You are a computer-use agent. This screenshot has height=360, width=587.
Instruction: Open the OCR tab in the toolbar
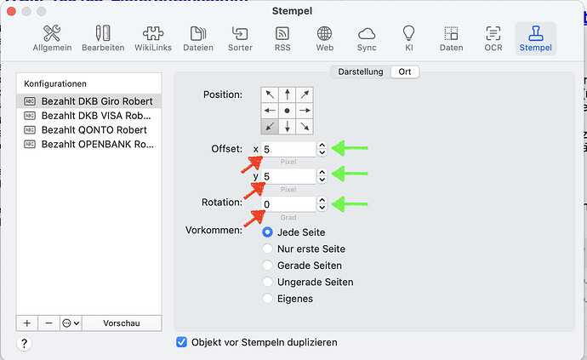(x=493, y=38)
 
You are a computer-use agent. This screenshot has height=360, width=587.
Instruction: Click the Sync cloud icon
(x=367, y=34)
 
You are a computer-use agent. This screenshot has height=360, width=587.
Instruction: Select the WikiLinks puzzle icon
(x=153, y=33)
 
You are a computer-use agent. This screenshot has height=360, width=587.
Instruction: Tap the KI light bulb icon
(x=409, y=33)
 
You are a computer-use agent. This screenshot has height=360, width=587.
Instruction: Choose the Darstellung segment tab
(x=361, y=71)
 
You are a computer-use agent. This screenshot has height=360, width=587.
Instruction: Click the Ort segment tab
(x=405, y=71)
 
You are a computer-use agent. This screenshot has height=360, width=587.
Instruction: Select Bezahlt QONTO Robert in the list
(x=94, y=130)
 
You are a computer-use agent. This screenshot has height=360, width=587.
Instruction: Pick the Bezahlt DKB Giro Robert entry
(x=97, y=101)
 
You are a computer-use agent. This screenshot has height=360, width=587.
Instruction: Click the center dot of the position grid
(x=288, y=111)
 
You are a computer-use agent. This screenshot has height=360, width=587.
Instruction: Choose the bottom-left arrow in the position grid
(x=270, y=127)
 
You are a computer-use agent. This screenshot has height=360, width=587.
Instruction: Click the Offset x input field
(x=288, y=149)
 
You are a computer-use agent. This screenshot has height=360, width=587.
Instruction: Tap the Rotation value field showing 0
(x=288, y=204)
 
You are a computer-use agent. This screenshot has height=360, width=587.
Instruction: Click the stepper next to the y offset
(x=322, y=176)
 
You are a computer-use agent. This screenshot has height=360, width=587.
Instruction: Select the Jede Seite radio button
(x=267, y=232)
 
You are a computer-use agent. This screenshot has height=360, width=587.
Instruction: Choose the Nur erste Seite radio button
(x=267, y=249)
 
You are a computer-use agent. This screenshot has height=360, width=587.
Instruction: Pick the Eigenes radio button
(x=267, y=299)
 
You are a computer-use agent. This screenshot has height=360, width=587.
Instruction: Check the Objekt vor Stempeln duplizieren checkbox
(x=181, y=342)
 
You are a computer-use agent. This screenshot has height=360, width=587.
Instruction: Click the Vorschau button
(x=122, y=323)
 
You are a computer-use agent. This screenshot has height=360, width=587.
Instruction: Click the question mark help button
(x=25, y=343)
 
